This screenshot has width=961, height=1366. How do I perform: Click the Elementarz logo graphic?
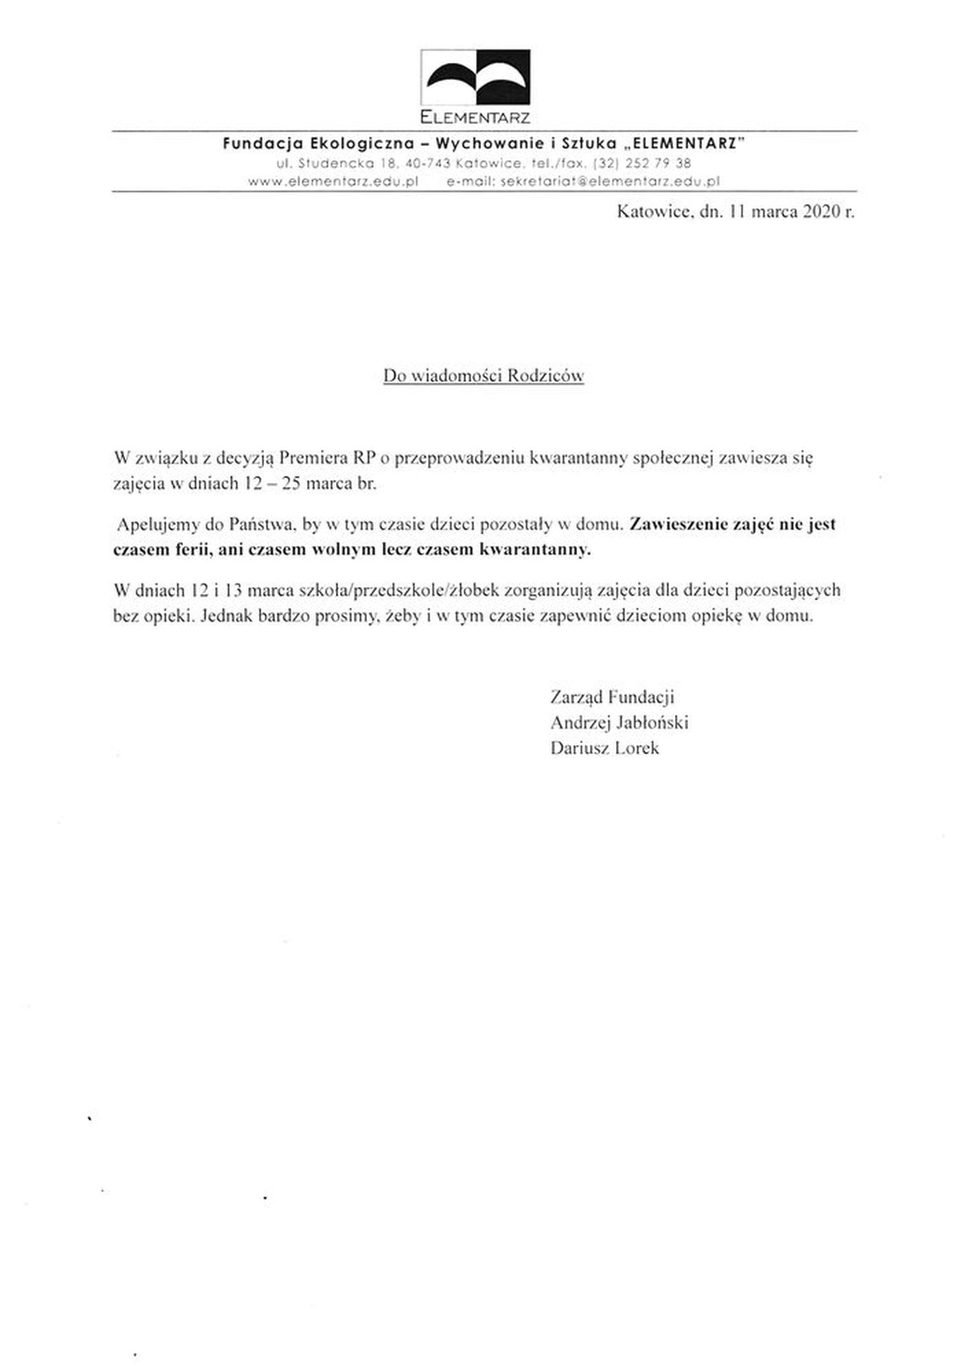tap(475, 77)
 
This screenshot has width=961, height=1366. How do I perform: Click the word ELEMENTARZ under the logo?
tap(475, 118)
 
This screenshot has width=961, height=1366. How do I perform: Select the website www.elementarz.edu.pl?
tap(333, 181)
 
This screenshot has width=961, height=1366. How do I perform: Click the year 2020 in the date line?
tap(816, 212)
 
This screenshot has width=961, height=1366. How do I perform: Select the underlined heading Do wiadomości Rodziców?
tap(483, 376)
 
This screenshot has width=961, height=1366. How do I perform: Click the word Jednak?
tap(227, 617)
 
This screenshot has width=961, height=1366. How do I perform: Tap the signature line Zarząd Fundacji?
tap(612, 697)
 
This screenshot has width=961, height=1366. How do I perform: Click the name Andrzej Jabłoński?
tap(619, 723)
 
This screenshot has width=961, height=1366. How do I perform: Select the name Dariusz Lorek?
tap(604, 748)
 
